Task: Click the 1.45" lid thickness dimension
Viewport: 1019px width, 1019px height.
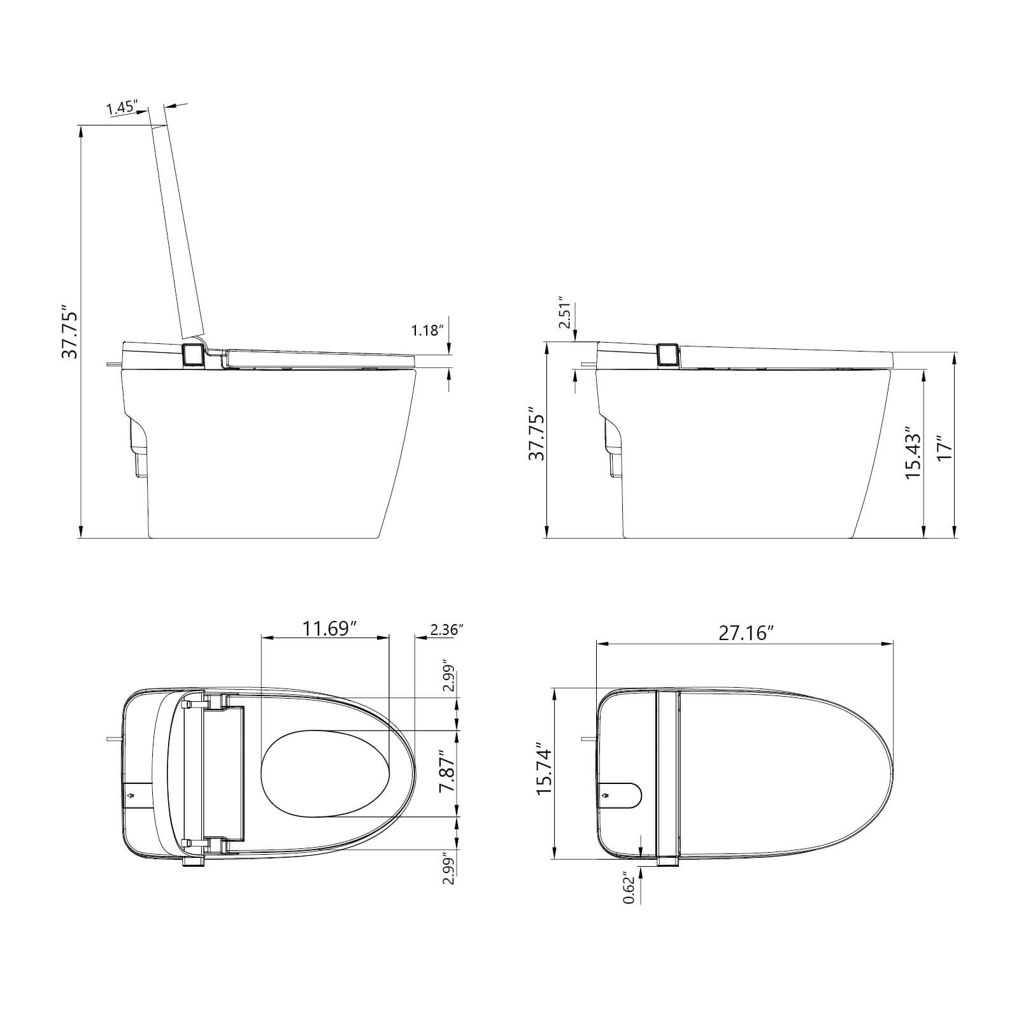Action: [x=122, y=108]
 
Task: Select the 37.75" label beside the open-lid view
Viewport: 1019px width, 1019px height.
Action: [x=69, y=334]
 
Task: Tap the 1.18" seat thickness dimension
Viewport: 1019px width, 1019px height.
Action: [x=427, y=331]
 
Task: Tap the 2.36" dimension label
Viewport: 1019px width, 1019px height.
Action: [x=446, y=630]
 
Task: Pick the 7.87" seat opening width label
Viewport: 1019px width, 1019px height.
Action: [x=448, y=773]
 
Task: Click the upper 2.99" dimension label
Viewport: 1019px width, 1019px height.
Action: [x=450, y=676]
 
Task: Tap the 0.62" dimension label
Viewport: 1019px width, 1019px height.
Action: [x=629, y=887]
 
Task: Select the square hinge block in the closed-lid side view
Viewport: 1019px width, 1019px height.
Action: [x=668, y=355]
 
